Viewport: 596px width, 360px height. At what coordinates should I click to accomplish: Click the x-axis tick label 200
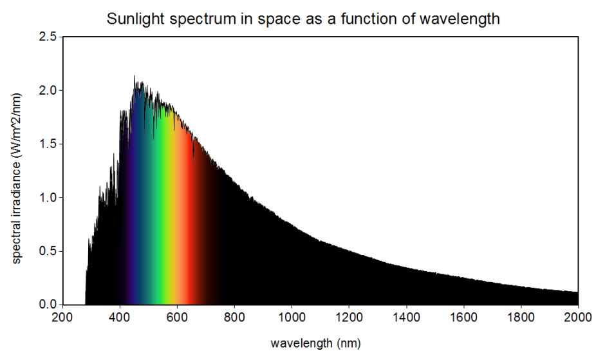tap(62, 317)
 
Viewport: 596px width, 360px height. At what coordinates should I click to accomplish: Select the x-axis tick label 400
tap(119, 317)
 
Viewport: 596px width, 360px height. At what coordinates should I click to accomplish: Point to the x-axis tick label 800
tap(234, 317)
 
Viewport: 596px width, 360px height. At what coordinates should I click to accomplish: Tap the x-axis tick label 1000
tap(292, 317)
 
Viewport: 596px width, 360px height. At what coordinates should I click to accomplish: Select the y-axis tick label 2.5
tap(47, 36)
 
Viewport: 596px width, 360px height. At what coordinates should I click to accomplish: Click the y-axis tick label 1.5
tap(47, 144)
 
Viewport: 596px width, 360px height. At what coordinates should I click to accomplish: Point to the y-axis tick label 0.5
tap(47, 251)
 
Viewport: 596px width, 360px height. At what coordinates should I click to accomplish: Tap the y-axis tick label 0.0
tap(47, 304)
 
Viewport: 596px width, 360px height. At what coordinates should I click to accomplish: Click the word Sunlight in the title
tap(132, 19)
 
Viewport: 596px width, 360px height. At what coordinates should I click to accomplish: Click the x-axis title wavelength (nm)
tap(320, 343)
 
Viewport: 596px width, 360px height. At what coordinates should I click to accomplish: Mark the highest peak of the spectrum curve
tap(135, 77)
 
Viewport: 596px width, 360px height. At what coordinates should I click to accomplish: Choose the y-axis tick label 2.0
tap(47, 90)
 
